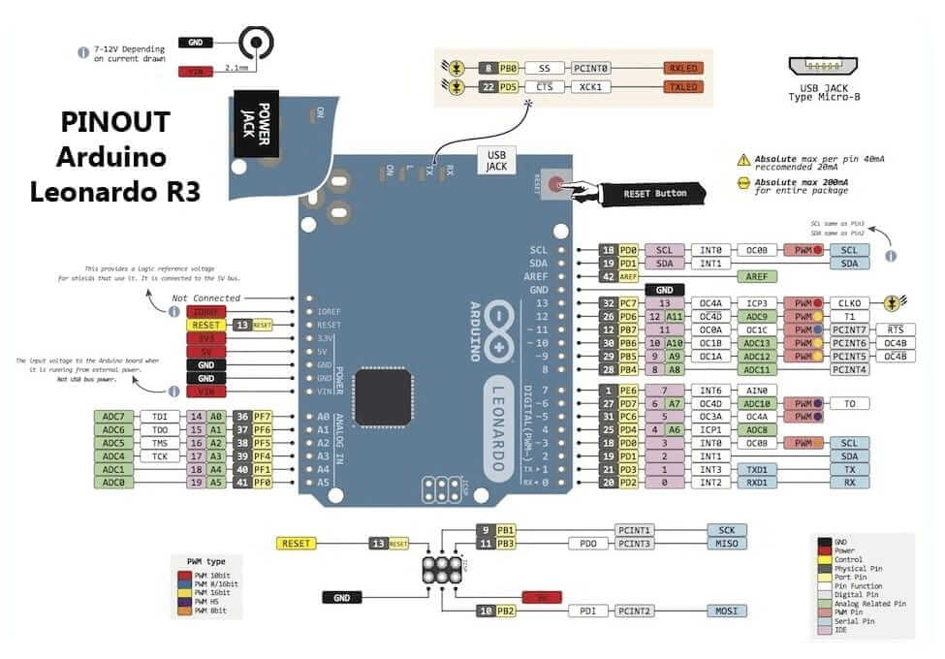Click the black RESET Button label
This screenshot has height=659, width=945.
(x=654, y=193)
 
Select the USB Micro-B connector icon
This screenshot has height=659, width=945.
(x=825, y=67)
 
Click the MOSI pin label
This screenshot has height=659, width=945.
(x=726, y=611)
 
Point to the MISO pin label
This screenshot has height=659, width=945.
(x=726, y=544)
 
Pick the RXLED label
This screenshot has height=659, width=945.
(x=681, y=69)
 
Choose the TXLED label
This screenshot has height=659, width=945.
(x=681, y=86)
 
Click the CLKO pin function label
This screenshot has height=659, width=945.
(x=850, y=303)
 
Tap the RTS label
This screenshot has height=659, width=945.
(x=896, y=329)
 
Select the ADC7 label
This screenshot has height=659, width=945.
(x=112, y=416)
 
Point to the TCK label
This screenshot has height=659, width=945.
(x=159, y=455)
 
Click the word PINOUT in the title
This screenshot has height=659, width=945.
(x=115, y=122)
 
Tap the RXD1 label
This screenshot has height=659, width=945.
(x=756, y=482)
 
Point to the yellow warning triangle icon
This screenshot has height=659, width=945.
(x=743, y=159)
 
